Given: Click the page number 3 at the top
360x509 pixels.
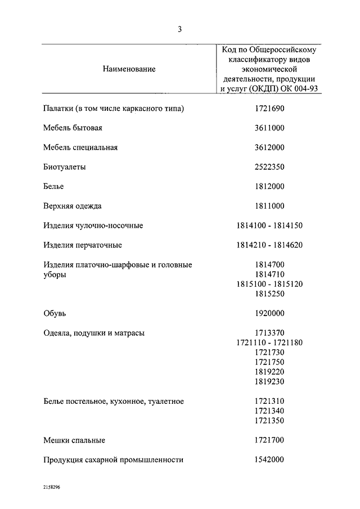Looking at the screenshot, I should pos(179,29).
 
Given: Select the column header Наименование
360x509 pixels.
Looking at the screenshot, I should pos(129,69).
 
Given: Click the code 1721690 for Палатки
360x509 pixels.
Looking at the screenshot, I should pos(269,108).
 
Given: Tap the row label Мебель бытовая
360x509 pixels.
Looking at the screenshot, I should pos(73,128).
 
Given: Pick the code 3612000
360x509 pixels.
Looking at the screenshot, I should pos(269,147).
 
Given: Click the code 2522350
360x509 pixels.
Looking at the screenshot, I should pos(269,167).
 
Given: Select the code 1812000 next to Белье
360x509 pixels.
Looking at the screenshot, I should pos(269,186).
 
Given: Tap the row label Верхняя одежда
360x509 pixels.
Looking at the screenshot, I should pos(73,206).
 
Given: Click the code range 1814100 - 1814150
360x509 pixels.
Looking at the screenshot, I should pos(269,226).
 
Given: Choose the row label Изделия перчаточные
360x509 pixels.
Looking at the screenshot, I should pos(83,245).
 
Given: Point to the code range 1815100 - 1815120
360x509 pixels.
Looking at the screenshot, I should pos(269,284).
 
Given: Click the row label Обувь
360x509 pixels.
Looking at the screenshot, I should pos(55,313).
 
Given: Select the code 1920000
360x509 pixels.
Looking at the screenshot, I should pos(269,313).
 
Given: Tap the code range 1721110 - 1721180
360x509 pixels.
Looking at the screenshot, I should pos(269,343).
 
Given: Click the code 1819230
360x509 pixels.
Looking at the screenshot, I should pos(269,382).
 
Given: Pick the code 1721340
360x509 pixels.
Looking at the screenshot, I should pos(269,411).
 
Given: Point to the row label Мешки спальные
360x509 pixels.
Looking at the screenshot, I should pos(74,440).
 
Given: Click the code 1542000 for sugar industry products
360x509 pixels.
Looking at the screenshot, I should pos(269,460).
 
